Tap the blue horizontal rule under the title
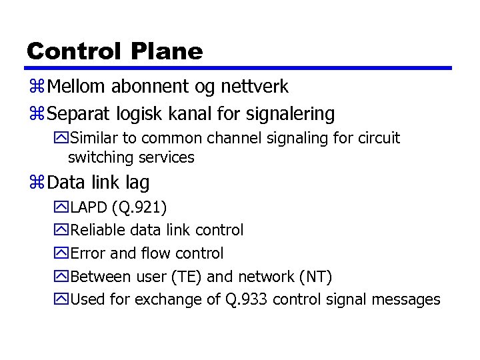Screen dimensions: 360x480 point(239,68)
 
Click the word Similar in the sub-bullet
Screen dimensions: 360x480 point(93,139)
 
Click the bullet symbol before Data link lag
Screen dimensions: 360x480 point(37,183)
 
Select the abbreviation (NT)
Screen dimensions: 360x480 point(315,277)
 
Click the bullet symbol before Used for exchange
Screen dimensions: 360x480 point(61,299)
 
